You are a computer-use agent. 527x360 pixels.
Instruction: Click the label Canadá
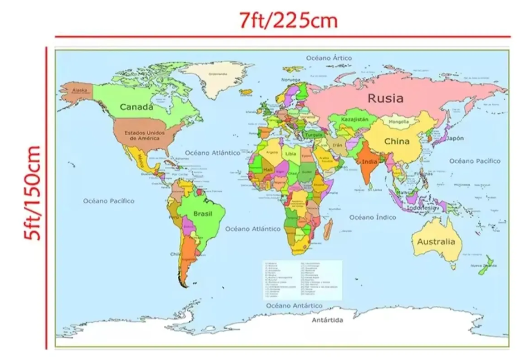(x=136, y=107)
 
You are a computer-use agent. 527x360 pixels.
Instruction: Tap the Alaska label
(x=80, y=90)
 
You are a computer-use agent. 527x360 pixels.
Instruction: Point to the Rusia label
(x=385, y=98)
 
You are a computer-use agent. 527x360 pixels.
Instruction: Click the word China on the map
(x=397, y=141)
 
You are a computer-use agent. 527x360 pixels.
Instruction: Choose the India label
(x=370, y=162)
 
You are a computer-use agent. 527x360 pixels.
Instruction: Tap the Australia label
(x=436, y=242)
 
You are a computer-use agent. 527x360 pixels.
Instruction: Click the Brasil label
(x=203, y=214)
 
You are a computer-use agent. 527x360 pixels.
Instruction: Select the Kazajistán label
(x=355, y=120)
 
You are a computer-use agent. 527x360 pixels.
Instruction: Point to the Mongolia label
(x=399, y=122)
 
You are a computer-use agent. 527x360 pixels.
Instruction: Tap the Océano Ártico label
(x=329, y=58)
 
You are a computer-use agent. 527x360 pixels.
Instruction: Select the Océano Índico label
(x=372, y=217)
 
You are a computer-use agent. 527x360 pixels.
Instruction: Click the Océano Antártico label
(x=294, y=305)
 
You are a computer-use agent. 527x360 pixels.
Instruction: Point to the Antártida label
(x=328, y=320)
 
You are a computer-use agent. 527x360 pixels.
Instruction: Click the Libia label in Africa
(x=291, y=154)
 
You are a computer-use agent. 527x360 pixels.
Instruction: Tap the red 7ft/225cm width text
(x=288, y=21)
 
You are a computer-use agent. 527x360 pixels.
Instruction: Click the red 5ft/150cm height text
(x=33, y=193)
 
